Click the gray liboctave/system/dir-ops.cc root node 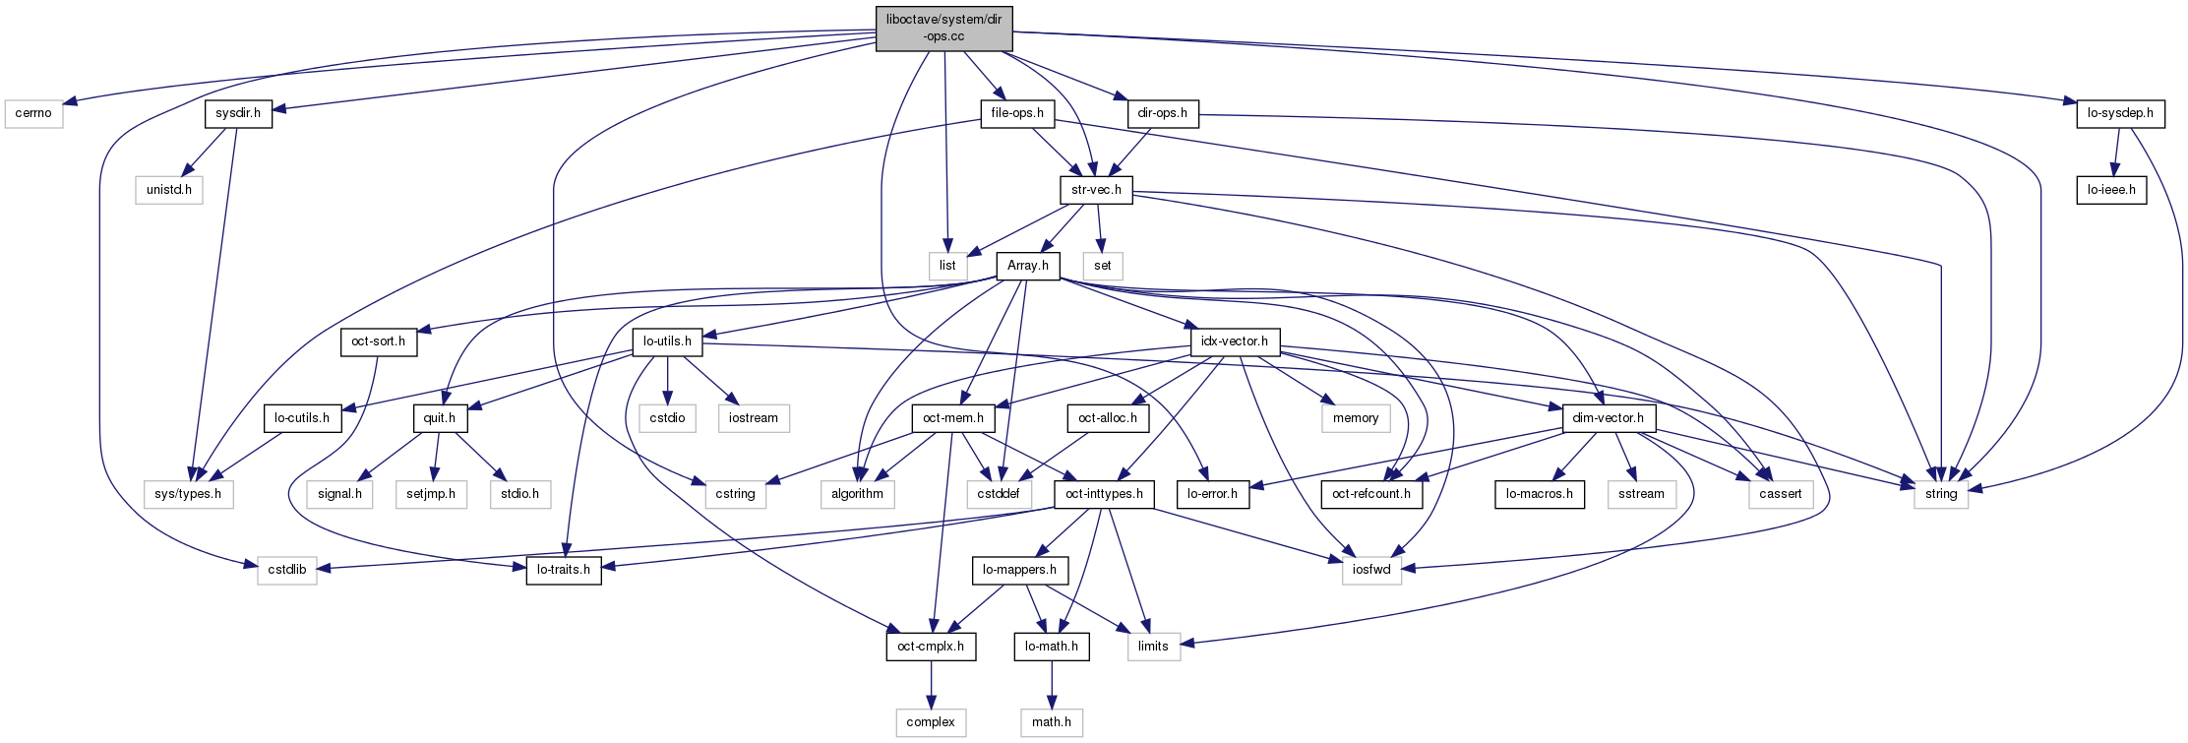943,29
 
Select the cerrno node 33,113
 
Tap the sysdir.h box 238,113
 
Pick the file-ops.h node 1017,113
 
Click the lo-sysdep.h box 2120,113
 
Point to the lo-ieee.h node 2111,189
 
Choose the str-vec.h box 1096,189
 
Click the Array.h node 1028,265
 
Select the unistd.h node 169,189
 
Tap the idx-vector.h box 1235,341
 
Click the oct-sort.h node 379,341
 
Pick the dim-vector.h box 1608,417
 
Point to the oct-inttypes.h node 1104,493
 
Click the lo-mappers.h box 1019,569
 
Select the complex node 931,721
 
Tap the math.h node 1052,721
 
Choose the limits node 1153,646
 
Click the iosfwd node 1371,569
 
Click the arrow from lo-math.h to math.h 1052,684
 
